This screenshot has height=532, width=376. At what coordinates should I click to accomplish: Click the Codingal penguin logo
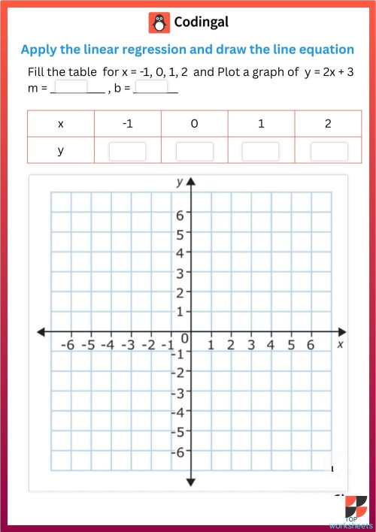(x=159, y=23)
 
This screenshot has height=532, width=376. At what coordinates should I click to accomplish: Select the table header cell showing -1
(x=127, y=124)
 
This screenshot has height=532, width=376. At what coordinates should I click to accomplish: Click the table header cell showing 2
(x=328, y=124)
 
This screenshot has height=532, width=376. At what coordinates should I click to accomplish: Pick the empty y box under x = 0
(x=194, y=151)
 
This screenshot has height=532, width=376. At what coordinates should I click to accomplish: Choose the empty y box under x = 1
(x=261, y=151)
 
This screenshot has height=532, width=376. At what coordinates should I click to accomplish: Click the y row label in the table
(x=60, y=151)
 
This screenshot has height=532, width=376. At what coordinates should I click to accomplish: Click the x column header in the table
(x=60, y=124)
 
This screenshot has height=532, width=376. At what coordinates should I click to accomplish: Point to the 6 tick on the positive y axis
(x=180, y=214)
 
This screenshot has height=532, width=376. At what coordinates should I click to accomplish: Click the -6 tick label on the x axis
(x=68, y=345)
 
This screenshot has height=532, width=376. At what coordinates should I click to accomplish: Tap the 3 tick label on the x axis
(x=250, y=345)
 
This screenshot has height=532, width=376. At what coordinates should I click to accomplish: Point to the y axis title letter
(x=179, y=182)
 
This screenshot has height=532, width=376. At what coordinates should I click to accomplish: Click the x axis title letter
(x=340, y=344)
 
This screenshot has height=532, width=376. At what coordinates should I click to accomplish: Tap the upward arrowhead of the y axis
(x=191, y=183)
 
